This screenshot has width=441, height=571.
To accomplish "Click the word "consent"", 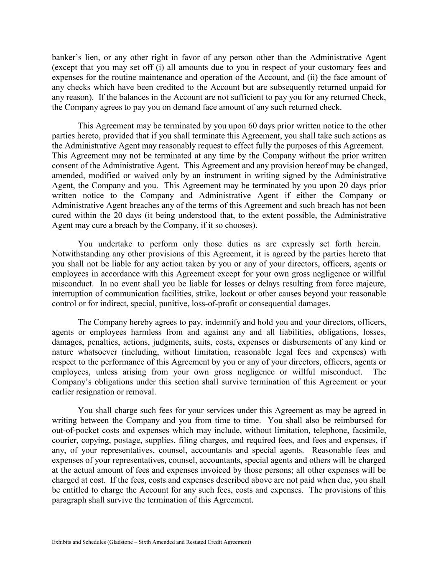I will pos(65,166).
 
